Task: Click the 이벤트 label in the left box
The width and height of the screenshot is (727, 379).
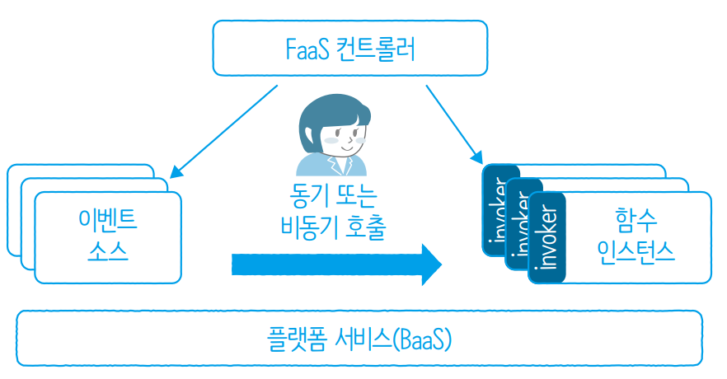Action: (106, 221)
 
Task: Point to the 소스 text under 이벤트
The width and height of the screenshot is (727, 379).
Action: (106, 250)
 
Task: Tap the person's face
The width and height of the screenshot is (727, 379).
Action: (344, 137)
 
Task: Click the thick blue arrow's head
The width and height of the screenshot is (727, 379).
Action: (430, 264)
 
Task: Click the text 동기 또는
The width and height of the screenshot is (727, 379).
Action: (332, 199)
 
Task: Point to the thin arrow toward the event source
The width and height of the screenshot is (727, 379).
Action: (223, 132)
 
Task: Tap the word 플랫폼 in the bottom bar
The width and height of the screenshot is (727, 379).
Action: (295, 339)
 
